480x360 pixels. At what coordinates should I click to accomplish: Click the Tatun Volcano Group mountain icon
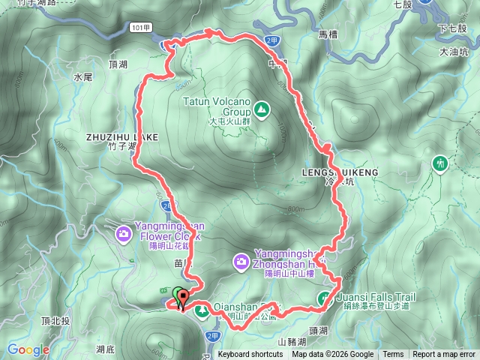pyautogui.click(x=261, y=110)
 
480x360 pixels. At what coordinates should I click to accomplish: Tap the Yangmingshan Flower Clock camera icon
pyautogui.click(x=122, y=235)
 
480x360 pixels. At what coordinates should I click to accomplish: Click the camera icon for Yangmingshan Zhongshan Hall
pyautogui.click(x=241, y=262)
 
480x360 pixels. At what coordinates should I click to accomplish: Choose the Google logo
pyautogui.click(x=28, y=349)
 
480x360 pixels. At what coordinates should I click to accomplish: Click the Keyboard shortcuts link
pyautogui.click(x=250, y=355)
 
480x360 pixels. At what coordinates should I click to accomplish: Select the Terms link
pyautogui.click(x=393, y=355)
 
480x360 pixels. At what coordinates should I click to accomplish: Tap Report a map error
pyautogui.click(x=444, y=355)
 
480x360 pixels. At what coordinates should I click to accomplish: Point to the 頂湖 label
pyautogui.click(x=119, y=65)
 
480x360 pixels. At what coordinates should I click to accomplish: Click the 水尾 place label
pyautogui.click(x=82, y=76)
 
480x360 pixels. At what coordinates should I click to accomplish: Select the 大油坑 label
pyautogui.click(x=454, y=52)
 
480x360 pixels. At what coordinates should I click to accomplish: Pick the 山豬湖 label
pyautogui.click(x=291, y=342)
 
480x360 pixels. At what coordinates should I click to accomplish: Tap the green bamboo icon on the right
pyautogui.click(x=439, y=162)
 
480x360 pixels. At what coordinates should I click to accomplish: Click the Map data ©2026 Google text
pyautogui.click(x=333, y=355)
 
